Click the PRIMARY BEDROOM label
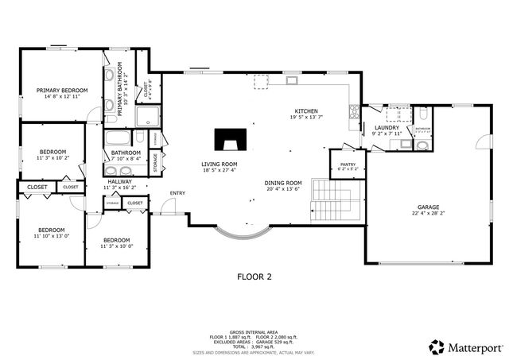(62, 91)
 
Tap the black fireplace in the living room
(229, 141)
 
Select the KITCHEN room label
(306, 111)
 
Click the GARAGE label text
(429, 207)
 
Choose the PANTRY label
(348, 164)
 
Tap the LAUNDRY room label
(386, 127)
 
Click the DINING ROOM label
(283, 183)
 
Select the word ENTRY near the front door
(177, 193)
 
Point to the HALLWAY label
(120, 181)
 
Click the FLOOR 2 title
(254, 277)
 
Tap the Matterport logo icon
(436, 346)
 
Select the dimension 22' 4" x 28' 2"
(429, 213)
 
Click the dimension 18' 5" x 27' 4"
(219, 170)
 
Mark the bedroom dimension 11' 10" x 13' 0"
(52, 236)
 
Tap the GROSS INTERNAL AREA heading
(254, 331)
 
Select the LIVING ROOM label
(219, 164)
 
